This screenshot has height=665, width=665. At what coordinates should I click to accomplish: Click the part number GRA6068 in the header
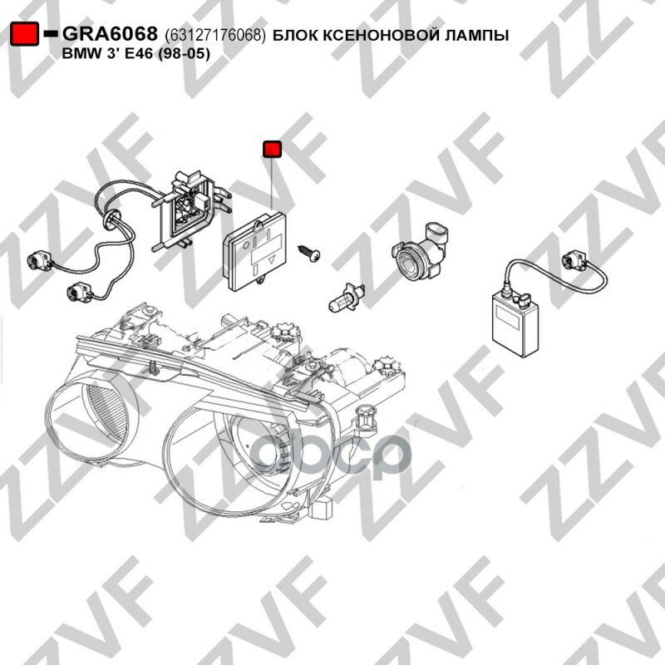[x=111, y=34]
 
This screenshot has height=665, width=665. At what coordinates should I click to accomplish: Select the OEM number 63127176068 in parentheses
[x=215, y=35]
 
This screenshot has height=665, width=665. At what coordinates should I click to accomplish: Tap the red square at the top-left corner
[x=25, y=34]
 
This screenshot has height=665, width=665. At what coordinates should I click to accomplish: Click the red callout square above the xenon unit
[x=272, y=150]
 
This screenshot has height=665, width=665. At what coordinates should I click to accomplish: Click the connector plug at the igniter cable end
[x=573, y=264]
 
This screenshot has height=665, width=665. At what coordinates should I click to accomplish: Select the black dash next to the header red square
[x=52, y=34]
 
